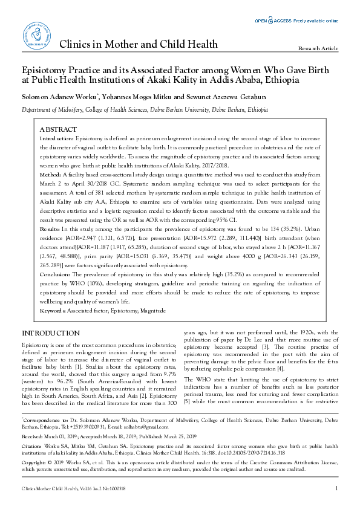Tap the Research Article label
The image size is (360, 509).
[x=318, y=48]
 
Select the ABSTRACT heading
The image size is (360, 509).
[x=58, y=129]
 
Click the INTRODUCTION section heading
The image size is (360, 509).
[x=51, y=333]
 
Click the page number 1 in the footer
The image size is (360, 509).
[x=336, y=488]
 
